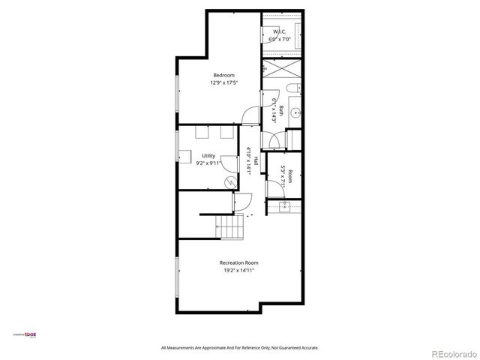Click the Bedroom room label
pyautogui.click(x=223, y=74)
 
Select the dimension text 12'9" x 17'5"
pyautogui.click(x=223, y=82)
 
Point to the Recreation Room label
pyautogui.click(x=238, y=262)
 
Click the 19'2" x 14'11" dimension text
pyautogui.click(x=238, y=271)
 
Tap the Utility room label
pyautogui.click(x=208, y=156)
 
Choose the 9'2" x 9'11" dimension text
pyautogui.click(x=208, y=163)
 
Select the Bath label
pyautogui.click(x=281, y=111)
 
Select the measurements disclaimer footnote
pyautogui.click(x=240, y=348)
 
